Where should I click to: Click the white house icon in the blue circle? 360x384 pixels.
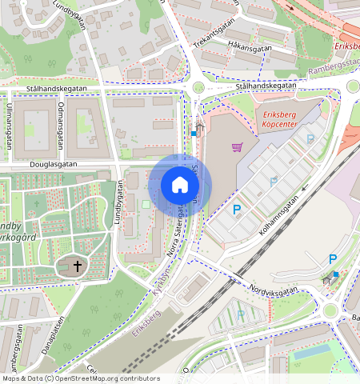tap(180, 186)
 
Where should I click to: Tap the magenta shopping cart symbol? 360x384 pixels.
tap(237, 146)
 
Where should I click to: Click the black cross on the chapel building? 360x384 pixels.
tap(78, 266)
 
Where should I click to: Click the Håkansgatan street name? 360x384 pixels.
tap(250, 47)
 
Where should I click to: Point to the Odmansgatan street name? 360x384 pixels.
tap(61, 124)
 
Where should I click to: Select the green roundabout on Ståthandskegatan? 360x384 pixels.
tap(198, 88)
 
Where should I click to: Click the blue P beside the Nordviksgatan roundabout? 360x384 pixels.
tap(334, 259)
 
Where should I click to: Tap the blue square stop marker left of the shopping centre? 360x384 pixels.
tap(194, 134)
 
